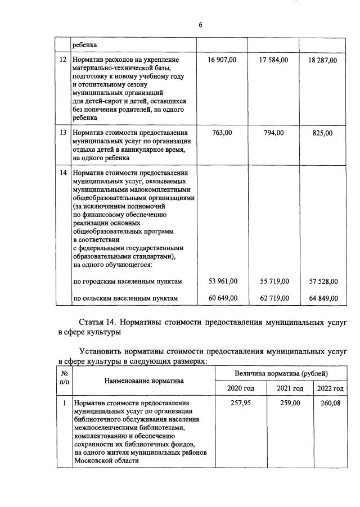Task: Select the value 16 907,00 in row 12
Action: [x=223, y=60]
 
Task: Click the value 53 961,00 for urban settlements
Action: [x=223, y=281]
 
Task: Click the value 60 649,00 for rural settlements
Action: [x=223, y=298]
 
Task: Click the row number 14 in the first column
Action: [x=63, y=173]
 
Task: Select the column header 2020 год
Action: [x=241, y=389]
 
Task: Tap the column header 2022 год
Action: [x=330, y=389]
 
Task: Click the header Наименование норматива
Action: [x=144, y=381]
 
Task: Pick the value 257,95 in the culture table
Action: [x=241, y=404]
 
